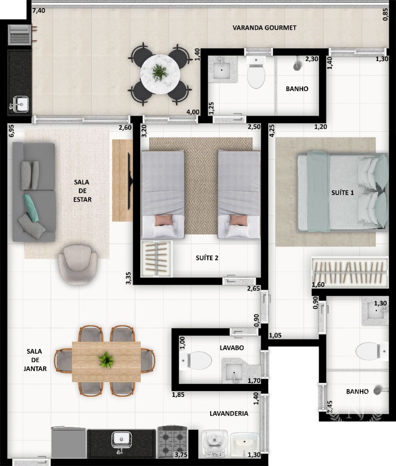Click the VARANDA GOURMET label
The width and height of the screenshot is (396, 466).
(264, 28)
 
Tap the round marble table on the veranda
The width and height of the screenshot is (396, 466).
(160, 74)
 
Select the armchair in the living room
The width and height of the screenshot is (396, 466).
(77, 264)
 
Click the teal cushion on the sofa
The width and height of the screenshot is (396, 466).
(31, 208)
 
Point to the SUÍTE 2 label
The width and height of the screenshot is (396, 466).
(207, 258)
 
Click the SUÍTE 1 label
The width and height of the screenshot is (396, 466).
(343, 193)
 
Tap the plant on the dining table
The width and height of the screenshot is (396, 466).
(106, 360)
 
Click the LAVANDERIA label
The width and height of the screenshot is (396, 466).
(229, 413)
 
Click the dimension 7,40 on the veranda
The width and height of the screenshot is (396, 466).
(39, 11)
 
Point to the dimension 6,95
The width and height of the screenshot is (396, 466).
(11, 130)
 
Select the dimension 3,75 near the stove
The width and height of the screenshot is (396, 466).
(181, 455)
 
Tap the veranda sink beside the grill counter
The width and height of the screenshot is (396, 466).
(20, 104)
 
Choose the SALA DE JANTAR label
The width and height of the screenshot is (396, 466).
(35, 360)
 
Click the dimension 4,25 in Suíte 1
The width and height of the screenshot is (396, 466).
(272, 130)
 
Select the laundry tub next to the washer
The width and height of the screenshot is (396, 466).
(245, 444)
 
